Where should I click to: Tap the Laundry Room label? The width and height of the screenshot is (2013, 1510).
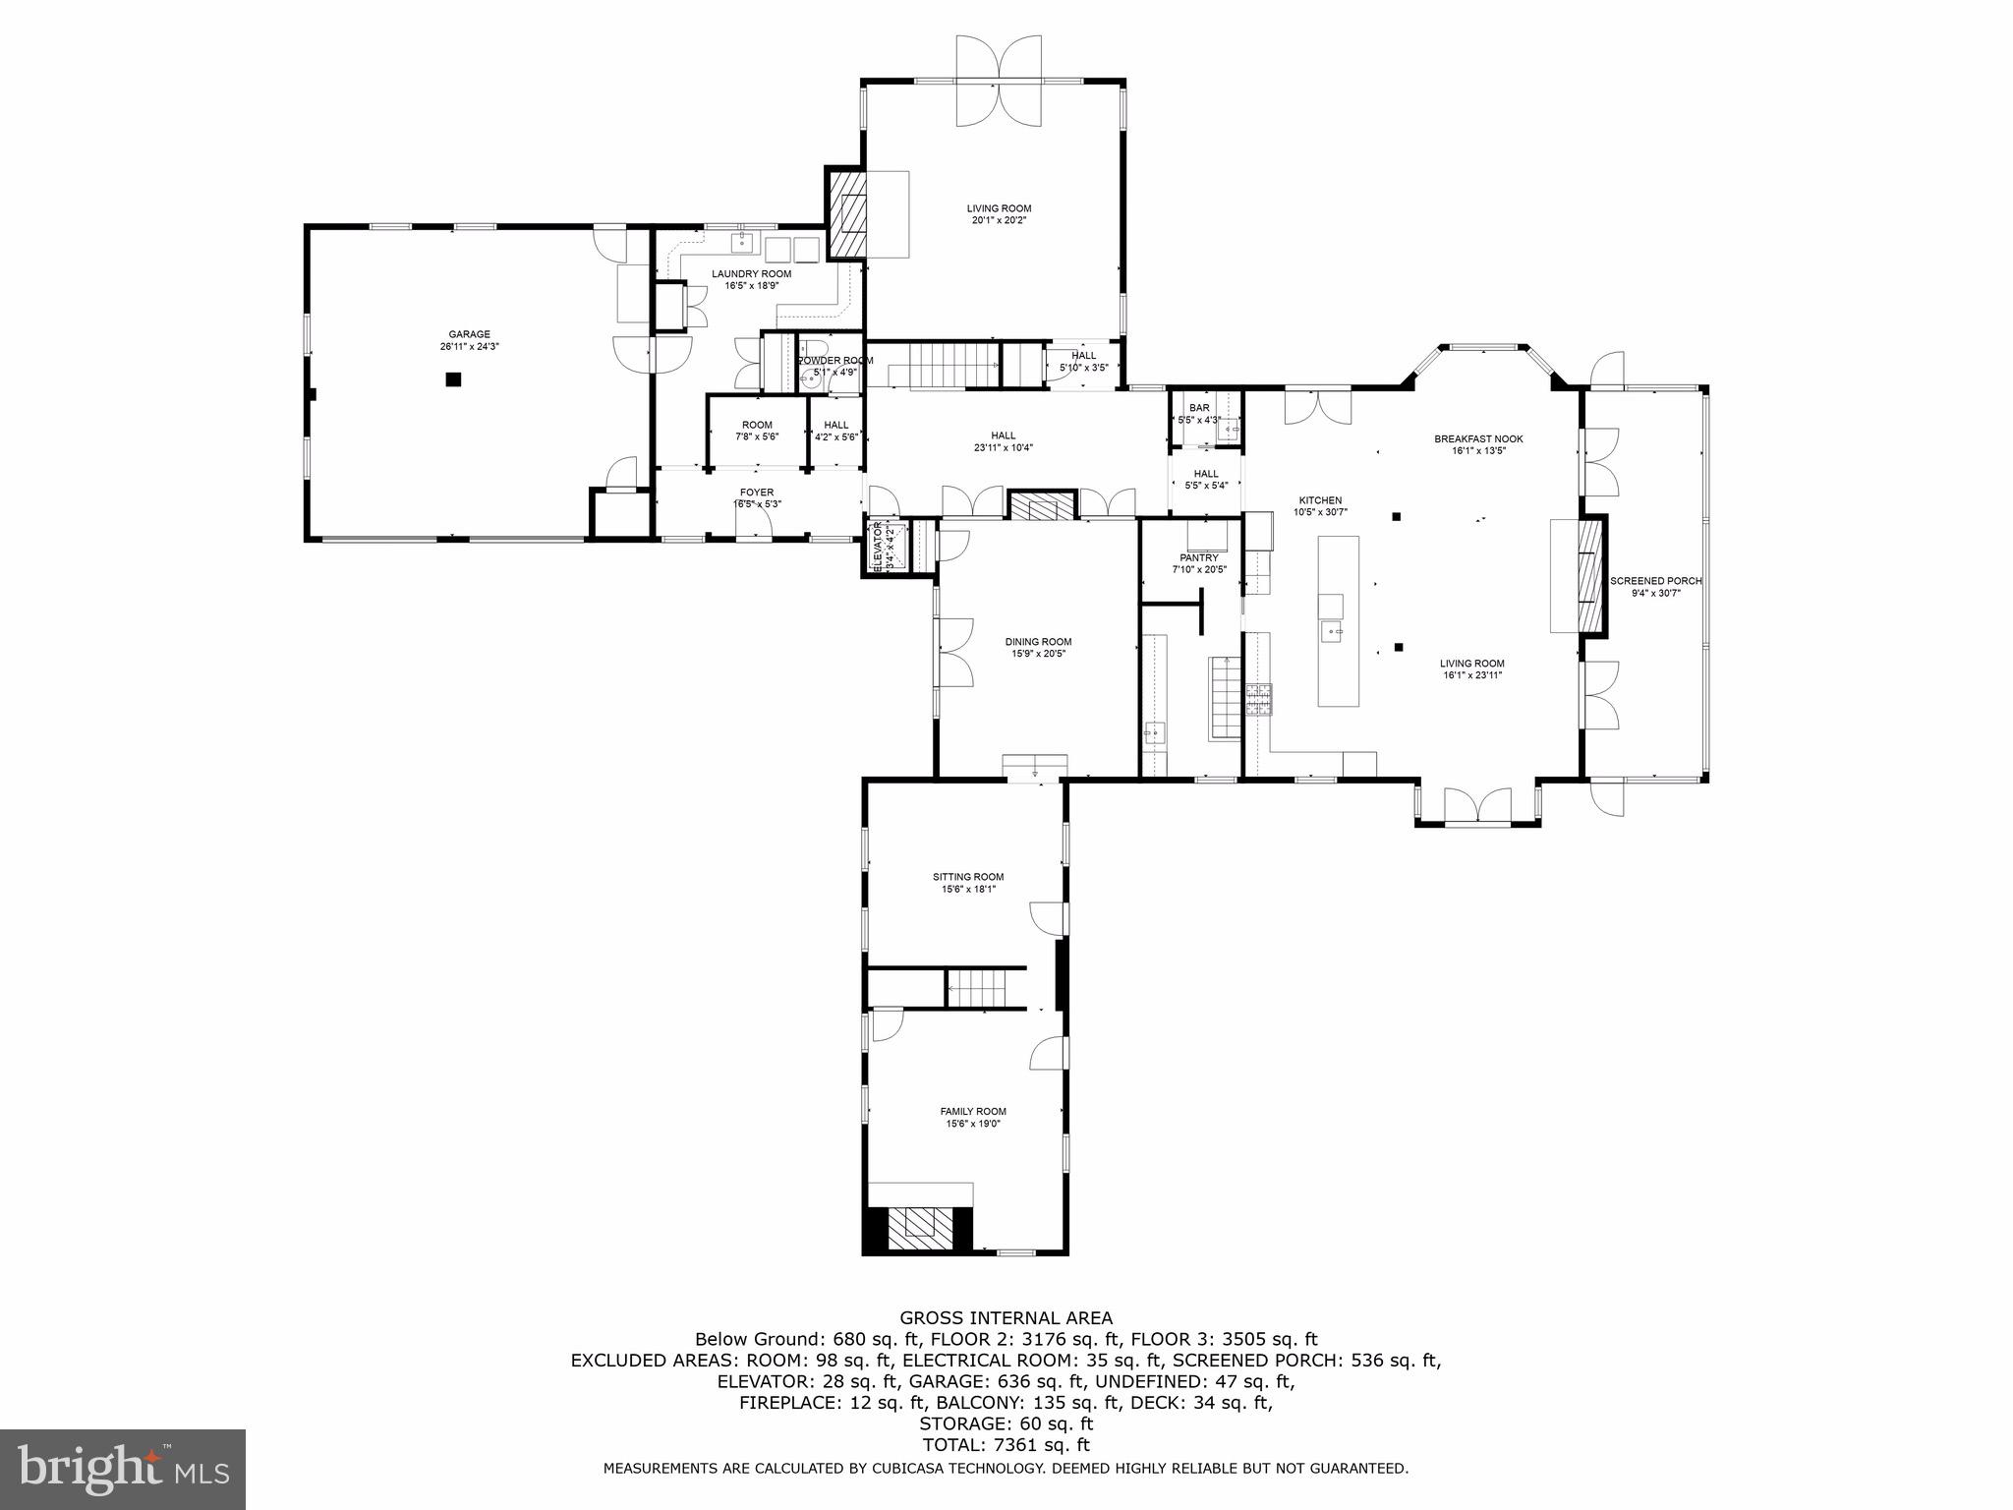point(751,273)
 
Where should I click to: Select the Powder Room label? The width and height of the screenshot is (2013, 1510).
point(834,361)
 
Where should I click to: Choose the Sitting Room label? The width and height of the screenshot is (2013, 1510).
point(968,877)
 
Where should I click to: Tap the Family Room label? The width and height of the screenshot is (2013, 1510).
point(973,1112)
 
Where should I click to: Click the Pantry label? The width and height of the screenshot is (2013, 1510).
point(1199,557)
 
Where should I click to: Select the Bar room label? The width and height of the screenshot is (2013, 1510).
point(1199,407)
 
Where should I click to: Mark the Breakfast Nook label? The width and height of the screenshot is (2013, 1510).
point(1478,438)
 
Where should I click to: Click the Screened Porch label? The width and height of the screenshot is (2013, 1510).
point(1656,581)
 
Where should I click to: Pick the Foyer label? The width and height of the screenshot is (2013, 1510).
point(757,493)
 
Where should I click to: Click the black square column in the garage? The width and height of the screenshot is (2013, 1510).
point(453,379)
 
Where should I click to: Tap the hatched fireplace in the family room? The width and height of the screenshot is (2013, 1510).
point(921,1226)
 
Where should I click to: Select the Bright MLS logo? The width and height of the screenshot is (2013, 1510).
point(123,1469)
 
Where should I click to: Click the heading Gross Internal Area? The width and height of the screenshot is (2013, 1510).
point(1006,1318)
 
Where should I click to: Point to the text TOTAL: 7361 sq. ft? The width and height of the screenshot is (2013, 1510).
point(1006,1445)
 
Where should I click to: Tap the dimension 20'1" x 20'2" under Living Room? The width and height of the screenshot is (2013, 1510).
point(999,220)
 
